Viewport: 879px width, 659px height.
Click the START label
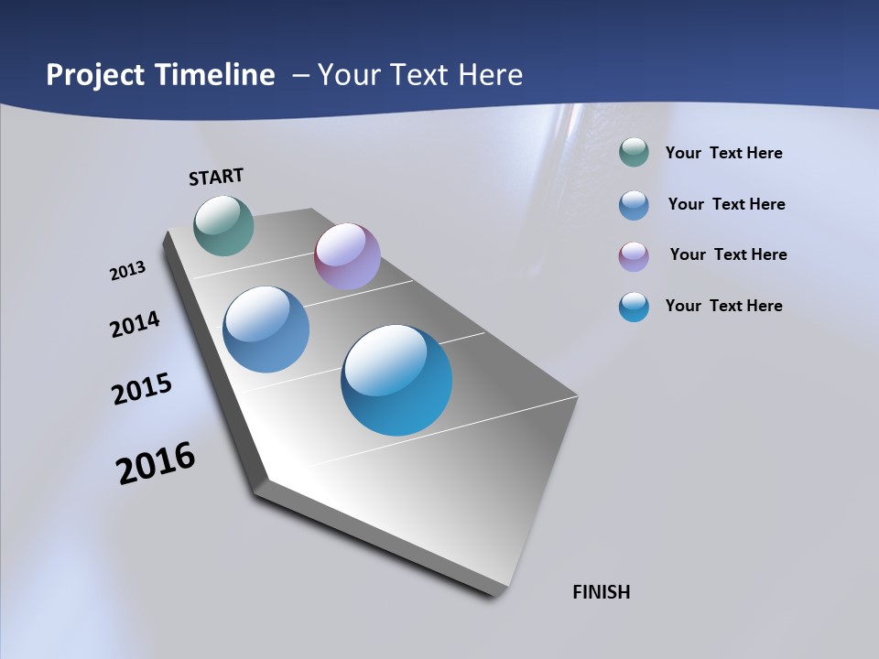pyautogui.click(x=216, y=177)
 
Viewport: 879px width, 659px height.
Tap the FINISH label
pyautogui.click(x=601, y=592)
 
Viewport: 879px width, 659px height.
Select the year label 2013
pyautogui.click(x=127, y=271)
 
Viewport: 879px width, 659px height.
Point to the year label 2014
pyautogui.click(x=135, y=325)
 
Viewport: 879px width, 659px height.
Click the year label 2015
pyautogui.click(x=142, y=388)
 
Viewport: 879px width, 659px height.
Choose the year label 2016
pyautogui.click(x=156, y=463)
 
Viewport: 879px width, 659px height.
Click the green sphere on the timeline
pyautogui.click(x=223, y=225)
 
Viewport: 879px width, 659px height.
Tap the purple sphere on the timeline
pyautogui.click(x=347, y=256)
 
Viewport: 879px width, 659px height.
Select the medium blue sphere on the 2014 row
pyautogui.click(x=266, y=329)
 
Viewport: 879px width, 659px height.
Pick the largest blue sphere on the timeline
pyautogui.click(x=396, y=380)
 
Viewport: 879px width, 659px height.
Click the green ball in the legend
pyautogui.click(x=634, y=153)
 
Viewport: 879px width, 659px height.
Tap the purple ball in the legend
pyautogui.click(x=634, y=256)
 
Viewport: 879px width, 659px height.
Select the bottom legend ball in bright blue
pyautogui.click(x=634, y=307)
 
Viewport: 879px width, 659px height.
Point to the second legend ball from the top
pyautogui.click(x=634, y=205)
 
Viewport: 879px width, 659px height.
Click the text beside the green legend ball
pyautogui.click(x=723, y=154)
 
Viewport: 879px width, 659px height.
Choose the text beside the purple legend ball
pyautogui.click(x=728, y=254)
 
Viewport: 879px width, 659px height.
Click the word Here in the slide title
pyautogui.click(x=491, y=75)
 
